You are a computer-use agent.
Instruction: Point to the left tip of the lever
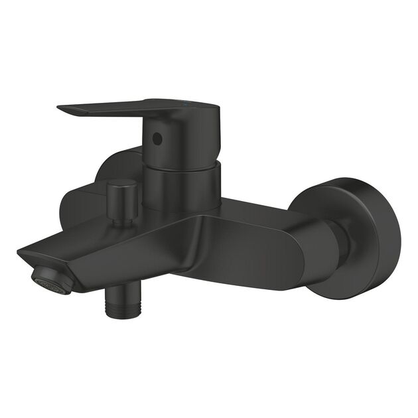[x=59, y=107]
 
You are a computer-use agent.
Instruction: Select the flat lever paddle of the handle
[x=113, y=109]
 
